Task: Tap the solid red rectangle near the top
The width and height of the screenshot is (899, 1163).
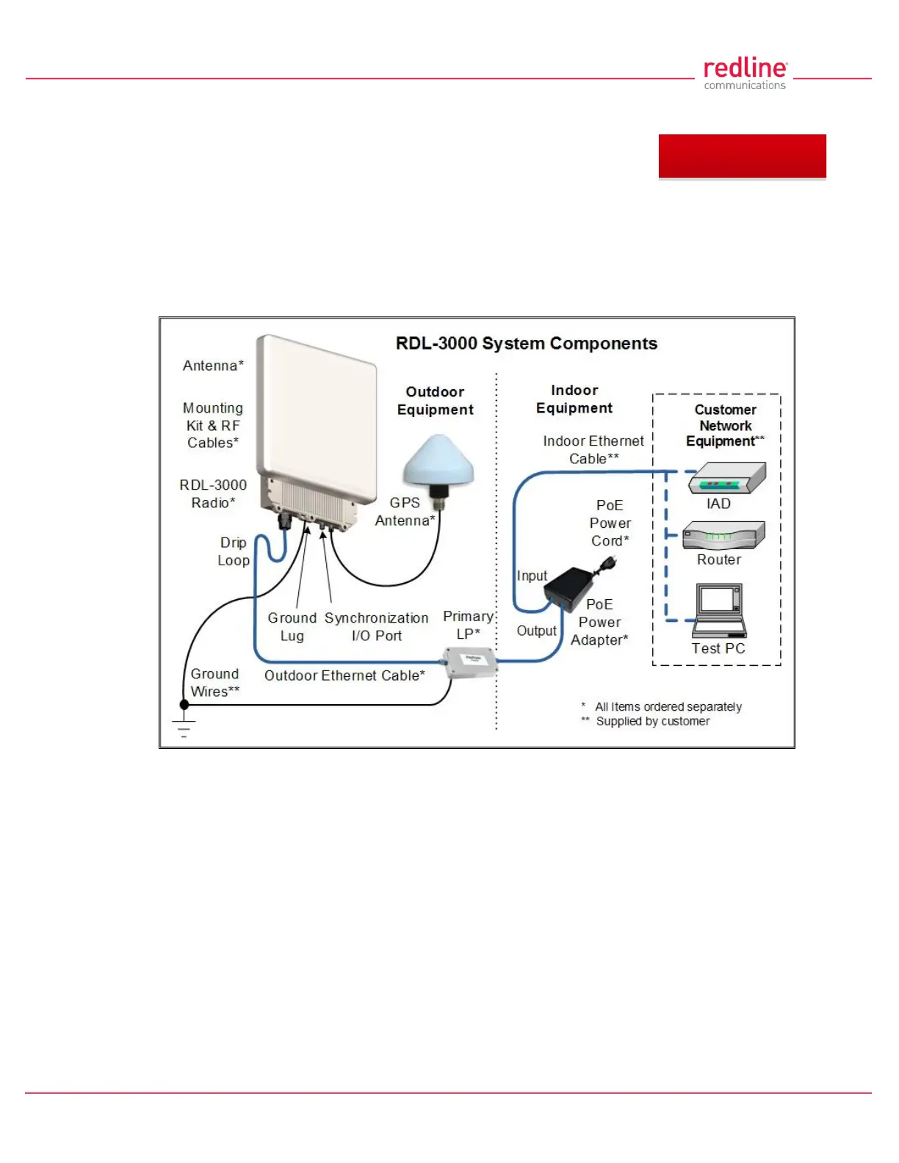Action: pyautogui.click(x=742, y=156)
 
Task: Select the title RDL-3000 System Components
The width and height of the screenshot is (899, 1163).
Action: pyautogui.click(x=526, y=344)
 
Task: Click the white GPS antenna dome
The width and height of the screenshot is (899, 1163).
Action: pyautogui.click(x=438, y=463)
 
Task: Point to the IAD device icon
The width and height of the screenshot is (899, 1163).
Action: pyautogui.click(x=727, y=478)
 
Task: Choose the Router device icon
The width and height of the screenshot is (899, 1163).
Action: pyautogui.click(x=723, y=535)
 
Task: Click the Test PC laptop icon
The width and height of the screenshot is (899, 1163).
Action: pyautogui.click(x=720, y=610)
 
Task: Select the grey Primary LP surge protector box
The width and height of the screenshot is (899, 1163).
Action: pyautogui.click(x=471, y=662)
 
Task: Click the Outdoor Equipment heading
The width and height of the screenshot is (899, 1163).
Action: pyautogui.click(x=435, y=401)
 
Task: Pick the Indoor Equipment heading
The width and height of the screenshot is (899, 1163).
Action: pyautogui.click(x=574, y=399)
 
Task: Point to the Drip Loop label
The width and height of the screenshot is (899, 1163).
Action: pyautogui.click(x=234, y=551)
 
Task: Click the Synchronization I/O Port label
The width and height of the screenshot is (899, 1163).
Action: pyautogui.click(x=376, y=627)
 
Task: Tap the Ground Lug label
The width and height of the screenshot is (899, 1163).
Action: pyautogui.click(x=292, y=627)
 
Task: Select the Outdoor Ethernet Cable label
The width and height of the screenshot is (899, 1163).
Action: pyautogui.click(x=344, y=675)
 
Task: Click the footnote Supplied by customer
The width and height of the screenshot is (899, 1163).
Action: pyautogui.click(x=652, y=722)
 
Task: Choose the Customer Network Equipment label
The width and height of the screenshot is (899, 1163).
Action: pyautogui.click(x=725, y=425)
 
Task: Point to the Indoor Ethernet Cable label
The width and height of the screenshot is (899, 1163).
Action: pyautogui.click(x=593, y=449)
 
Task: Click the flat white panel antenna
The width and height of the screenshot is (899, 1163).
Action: pyautogui.click(x=316, y=411)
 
